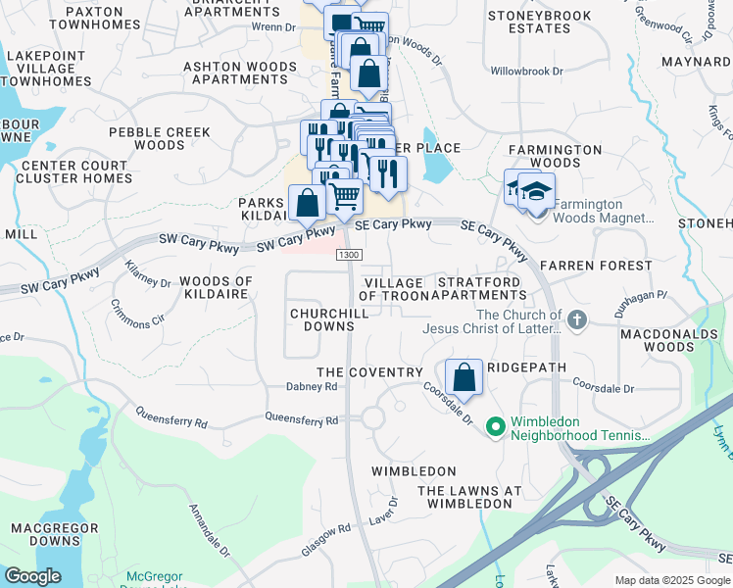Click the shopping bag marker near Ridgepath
click(464, 377)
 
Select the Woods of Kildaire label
click(217, 288)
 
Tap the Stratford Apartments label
click(481, 288)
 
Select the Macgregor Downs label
click(45, 534)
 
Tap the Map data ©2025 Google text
click(671, 580)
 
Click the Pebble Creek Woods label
click(160, 138)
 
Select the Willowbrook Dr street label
click(527, 72)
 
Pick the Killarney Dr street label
click(147, 274)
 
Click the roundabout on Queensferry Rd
click(372, 418)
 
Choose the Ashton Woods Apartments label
click(239, 73)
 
